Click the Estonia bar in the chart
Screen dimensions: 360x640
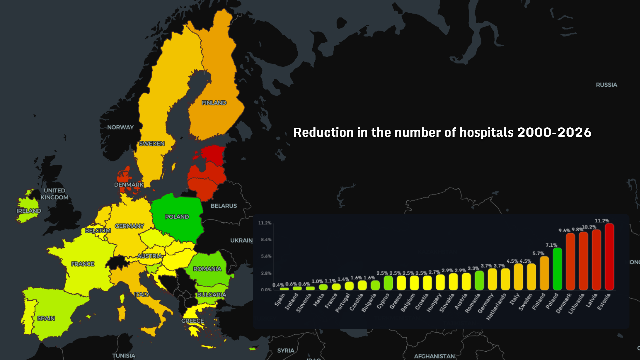tap(609, 257)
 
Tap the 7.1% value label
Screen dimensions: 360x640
tap(551, 245)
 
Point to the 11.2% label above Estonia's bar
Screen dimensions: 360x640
tap(602, 221)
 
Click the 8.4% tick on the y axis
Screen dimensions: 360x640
tap(266, 240)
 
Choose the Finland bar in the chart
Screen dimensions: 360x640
tap(544, 273)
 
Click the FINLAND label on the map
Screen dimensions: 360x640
tap(214, 103)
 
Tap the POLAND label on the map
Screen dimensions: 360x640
tap(177, 217)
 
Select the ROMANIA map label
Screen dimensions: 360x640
tap(207, 269)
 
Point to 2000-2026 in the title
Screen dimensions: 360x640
tap(554, 132)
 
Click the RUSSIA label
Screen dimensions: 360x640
tap(606, 85)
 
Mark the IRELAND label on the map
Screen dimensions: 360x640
tap(29, 211)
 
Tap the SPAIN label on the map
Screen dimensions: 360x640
tap(46, 318)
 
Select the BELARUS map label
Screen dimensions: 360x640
tap(224, 206)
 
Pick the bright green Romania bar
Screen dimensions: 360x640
tap(479, 280)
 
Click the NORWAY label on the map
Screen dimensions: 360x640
tap(120, 127)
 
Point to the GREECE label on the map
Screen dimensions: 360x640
tap(192, 321)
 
